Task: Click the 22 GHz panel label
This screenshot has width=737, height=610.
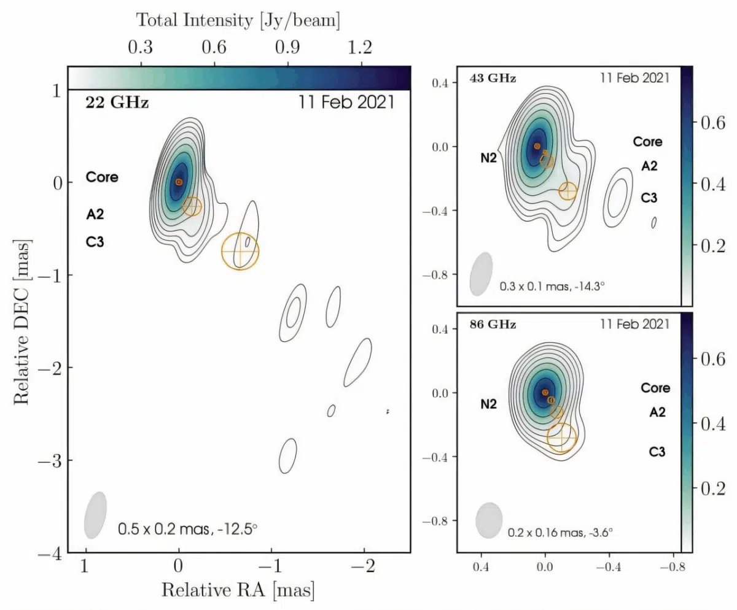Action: click(x=117, y=102)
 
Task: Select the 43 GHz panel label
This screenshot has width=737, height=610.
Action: click(x=493, y=78)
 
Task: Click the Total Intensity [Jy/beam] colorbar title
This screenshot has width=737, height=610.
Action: click(x=238, y=20)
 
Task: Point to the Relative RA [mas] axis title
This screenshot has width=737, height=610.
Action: click(x=238, y=590)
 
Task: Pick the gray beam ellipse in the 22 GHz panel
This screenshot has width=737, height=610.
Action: click(x=95, y=514)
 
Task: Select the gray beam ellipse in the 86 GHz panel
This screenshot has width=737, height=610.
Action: click(x=489, y=520)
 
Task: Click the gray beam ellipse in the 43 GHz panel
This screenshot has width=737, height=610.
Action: click(x=482, y=274)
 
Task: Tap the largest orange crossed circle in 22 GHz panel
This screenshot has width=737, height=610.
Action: click(x=240, y=251)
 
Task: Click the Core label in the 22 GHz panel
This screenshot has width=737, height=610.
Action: click(x=102, y=178)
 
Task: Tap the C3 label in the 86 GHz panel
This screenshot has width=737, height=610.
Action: click(x=657, y=452)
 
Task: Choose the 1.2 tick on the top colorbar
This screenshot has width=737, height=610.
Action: click(x=361, y=48)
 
